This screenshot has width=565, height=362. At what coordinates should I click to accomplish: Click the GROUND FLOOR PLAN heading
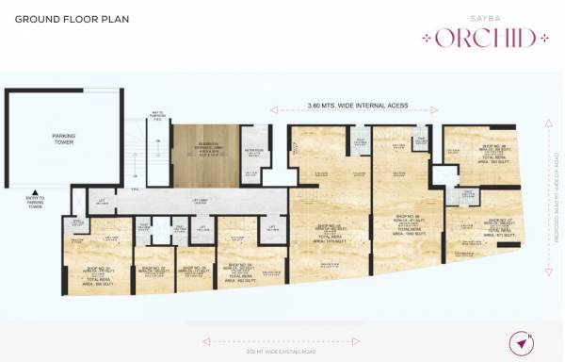(72, 19)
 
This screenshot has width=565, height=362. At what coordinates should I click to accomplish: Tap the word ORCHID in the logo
(480, 39)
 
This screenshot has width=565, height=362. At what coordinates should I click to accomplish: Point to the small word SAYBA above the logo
(479, 19)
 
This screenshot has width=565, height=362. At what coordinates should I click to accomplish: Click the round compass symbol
(522, 342)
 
